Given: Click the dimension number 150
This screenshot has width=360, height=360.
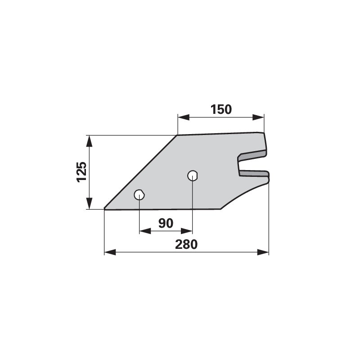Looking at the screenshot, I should point(220,109).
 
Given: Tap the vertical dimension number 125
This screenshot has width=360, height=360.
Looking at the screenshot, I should point(81,172).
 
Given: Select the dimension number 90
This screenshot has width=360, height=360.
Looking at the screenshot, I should point(166,223).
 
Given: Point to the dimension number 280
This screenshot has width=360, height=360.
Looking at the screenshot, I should point(186,244).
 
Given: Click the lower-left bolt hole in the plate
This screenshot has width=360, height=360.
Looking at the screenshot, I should point(139,195).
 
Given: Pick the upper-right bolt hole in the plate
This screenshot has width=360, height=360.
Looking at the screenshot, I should point(193,175).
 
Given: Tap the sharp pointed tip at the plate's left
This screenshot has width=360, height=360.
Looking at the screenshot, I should point(105,208).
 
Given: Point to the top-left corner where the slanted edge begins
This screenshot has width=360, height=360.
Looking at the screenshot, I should point(177,135).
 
